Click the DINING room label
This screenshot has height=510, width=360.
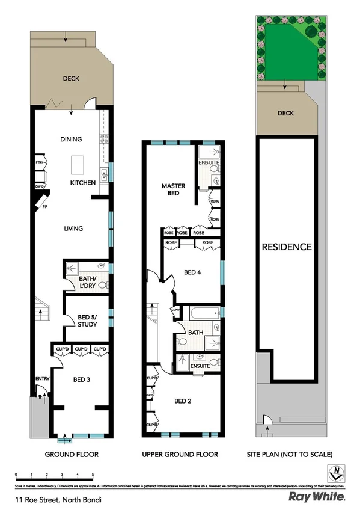pyautogui.click(x=71, y=140)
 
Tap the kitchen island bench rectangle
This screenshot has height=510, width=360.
pyautogui.click(x=78, y=164)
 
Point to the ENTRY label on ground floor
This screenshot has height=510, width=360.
pyautogui.click(x=42, y=378)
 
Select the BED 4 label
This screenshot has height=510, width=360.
pyautogui.click(x=192, y=272)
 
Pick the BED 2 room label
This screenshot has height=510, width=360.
pyautogui.click(x=183, y=401)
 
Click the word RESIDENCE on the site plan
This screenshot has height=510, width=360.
pyautogui.click(x=286, y=247)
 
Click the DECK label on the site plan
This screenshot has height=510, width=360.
pyautogui.click(x=285, y=112)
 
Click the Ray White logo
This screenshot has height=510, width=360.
pyautogui.click(x=317, y=497)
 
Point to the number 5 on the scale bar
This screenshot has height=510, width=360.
pyautogui.click(x=93, y=475)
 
